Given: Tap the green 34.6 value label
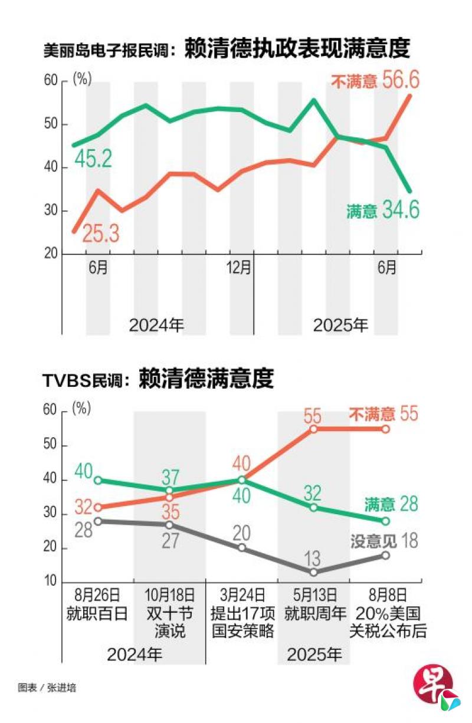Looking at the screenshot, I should [x=398, y=211].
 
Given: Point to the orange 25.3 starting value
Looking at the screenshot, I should [x=100, y=234].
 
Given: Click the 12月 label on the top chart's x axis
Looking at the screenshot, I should [x=239, y=268].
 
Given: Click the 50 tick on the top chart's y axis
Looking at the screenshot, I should [x=51, y=124].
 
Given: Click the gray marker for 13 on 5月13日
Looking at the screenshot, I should [x=313, y=572].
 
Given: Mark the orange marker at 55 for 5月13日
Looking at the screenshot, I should [x=313, y=429].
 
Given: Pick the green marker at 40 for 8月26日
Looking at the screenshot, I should [x=98, y=480].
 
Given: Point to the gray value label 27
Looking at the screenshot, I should [x=170, y=541].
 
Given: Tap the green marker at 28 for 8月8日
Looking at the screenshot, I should [x=385, y=521].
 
